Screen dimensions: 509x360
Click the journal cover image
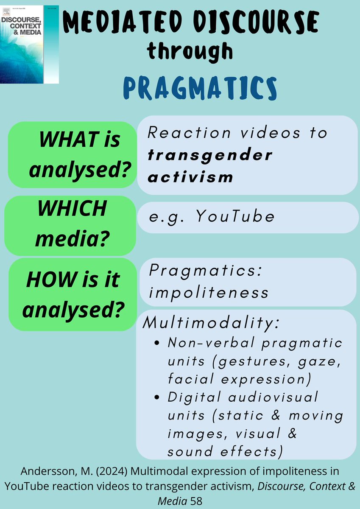(29, 44)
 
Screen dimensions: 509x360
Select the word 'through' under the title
(190, 51)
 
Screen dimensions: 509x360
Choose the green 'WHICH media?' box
(70, 225)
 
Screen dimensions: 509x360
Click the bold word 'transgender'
(210, 155)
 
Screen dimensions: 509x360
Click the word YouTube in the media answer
(235, 217)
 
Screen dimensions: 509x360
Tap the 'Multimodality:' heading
(211, 322)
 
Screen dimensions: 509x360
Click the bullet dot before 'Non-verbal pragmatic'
(158, 343)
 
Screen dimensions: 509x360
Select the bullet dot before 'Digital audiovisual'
(158, 398)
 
